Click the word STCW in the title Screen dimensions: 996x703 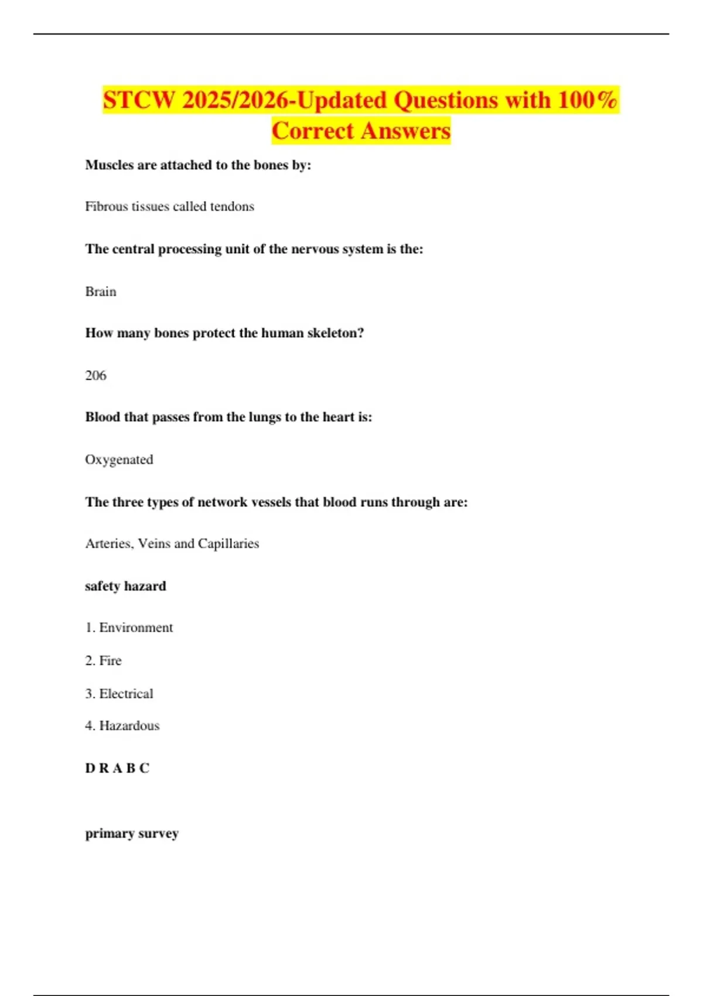pos(139,100)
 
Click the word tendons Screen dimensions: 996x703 pos(232,206)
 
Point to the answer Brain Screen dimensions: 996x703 pos(101,291)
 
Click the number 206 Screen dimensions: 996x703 pos(95,376)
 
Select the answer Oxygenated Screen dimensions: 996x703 pos(119,459)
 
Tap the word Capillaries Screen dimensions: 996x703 pos(228,544)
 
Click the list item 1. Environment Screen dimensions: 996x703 pos(129,627)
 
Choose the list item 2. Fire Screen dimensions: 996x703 pos(103,660)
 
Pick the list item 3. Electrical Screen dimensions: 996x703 pos(119,694)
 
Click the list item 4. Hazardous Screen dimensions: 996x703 pos(122,725)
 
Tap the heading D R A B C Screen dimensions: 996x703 pos(117,768)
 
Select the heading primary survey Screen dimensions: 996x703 pos(132,833)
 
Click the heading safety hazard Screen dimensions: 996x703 pos(125,586)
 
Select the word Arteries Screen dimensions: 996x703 pos(109,544)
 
